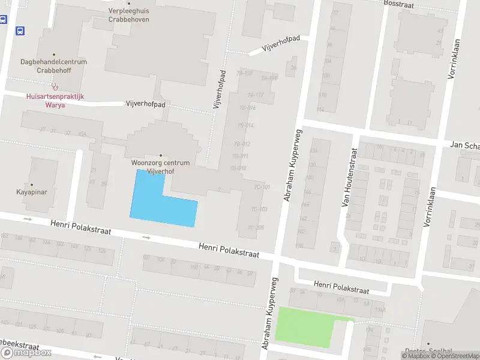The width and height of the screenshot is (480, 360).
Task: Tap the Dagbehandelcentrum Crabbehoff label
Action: pyautogui.click(x=53, y=66)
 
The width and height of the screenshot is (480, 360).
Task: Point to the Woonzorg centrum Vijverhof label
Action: pyautogui.click(x=160, y=167)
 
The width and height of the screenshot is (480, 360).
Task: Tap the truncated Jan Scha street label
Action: pyautogui.click(x=465, y=146)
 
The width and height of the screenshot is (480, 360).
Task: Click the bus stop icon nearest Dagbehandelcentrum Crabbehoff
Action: pyautogui.click(x=20, y=31)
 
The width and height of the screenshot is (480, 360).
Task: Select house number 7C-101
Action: pyautogui.click(x=261, y=187)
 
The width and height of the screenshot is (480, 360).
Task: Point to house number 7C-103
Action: pyautogui.click(x=259, y=209)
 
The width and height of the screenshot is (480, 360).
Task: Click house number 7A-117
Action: pyautogui.click(x=255, y=95)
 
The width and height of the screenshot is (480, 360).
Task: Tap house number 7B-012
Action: pyautogui.click(x=242, y=144)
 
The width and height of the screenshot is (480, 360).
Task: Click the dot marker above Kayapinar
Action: pyautogui.click(x=31, y=185)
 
